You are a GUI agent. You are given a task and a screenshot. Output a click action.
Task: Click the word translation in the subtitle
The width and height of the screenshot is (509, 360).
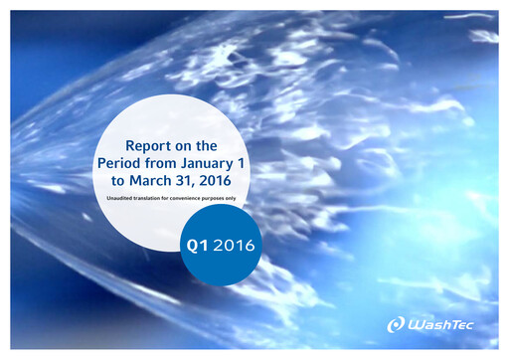tap(145, 199)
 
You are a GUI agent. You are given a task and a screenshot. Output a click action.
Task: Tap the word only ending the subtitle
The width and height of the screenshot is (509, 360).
tap(232, 199)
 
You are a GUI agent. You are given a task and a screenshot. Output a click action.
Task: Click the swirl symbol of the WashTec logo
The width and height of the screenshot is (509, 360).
tap(396, 324)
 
